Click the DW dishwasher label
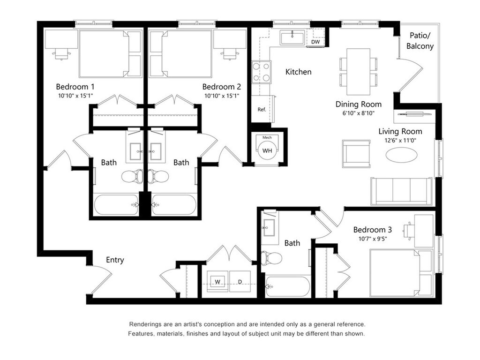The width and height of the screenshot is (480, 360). (x=315, y=42)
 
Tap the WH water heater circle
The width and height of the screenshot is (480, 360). (x=267, y=150)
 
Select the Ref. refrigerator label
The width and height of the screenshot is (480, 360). (x=262, y=109)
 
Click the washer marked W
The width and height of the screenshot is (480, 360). (x=217, y=281)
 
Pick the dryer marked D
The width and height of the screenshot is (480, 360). (x=240, y=281)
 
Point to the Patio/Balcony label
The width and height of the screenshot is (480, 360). (x=420, y=41)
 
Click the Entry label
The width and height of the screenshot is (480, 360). (x=115, y=260)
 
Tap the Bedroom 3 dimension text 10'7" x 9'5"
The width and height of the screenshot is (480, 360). (x=373, y=239)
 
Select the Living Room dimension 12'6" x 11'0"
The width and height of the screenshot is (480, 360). (x=400, y=141)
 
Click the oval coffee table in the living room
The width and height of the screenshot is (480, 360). (x=401, y=155)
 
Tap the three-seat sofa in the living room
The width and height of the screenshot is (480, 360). (x=402, y=191)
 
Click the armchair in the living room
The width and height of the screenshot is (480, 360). (x=356, y=154)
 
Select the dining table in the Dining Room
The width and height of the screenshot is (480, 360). (x=358, y=72)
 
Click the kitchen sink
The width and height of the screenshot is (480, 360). (x=292, y=38)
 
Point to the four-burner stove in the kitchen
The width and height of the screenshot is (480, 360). (x=262, y=72)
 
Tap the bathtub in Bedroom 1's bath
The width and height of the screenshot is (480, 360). (x=116, y=204)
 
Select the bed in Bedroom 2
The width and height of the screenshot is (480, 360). (x=180, y=54)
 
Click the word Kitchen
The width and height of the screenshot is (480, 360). (x=298, y=72)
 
